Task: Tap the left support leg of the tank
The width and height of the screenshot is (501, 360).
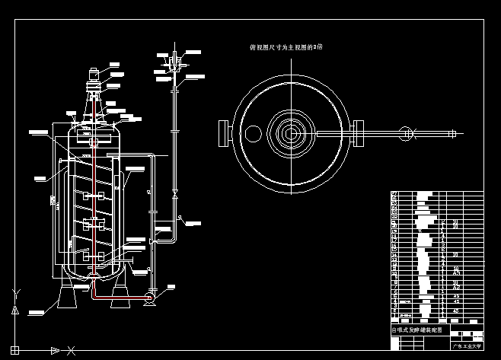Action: point(68,293)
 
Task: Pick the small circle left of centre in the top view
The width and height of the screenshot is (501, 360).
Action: point(253,134)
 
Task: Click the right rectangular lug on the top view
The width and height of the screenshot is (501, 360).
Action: point(359,133)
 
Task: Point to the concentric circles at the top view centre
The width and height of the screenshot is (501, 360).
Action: point(291,133)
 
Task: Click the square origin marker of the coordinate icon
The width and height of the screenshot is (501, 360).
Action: point(14,350)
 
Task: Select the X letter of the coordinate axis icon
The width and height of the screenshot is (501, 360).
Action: point(71,350)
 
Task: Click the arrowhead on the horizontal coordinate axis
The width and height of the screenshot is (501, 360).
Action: point(55,350)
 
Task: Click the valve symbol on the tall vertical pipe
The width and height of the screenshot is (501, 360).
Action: point(175,195)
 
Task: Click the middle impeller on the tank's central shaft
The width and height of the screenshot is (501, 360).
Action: point(94,224)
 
